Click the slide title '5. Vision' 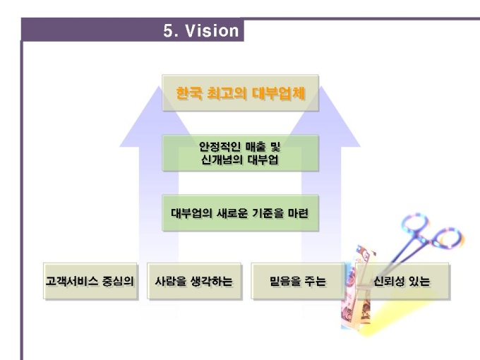[x=200, y=30]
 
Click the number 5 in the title [x=169, y=30]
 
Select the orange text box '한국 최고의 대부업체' [x=240, y=92]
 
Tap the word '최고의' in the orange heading [x=227, y=93]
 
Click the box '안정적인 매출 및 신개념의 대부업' [x=240, y=152]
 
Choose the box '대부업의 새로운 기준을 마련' [x=240, y=212]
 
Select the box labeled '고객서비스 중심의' [x=90, y=281]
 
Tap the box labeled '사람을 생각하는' [x=194, y=281]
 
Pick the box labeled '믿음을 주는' [x=298, y=281]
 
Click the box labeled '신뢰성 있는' [x=402, y=281]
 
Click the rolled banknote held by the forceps [x=359, y=288]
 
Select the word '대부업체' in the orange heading [x=279, y=93]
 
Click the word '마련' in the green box [x=298, y=213]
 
